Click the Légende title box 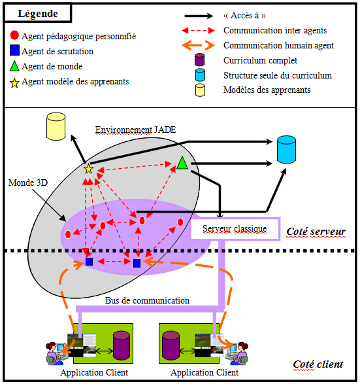pyautogui.click(x=37, y=13)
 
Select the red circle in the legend pyautogui.click(x=14, y=35)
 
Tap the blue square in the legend pyautogui.click(x=14, y=50)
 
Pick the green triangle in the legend pyautogui.click(x=14, y=66)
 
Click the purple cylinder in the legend pyautogui.click(x=199, y=60)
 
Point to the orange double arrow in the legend pyautogui.click(x=198, y=45)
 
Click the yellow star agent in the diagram pyautogui.click(x=88, y=169)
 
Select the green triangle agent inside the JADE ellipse pyautogui.click(x=182, y=163)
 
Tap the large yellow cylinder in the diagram pyautogui.click(x=56, y=126)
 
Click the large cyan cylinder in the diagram pyautogui.click(x=286, y=149)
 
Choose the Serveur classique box pyautogui.click(x=235, y=229)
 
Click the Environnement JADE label pyautogui.click(x=135, y=130)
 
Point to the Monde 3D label pyautogui.click(x=28, y=183)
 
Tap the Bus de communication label pyautogui.click(x=147, y=300)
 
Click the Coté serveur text pyautogui.click(x=316, y=232)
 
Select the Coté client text pyautogui.click(x=318, y=364)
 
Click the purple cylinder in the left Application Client pyautogui.click(x=122, y=345)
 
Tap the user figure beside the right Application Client pyautogui.click(x=237, y=353)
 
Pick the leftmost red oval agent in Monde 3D pyautogui.click(x=68, y=234)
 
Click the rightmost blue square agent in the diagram pyautogui.click(x=137, y=263)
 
